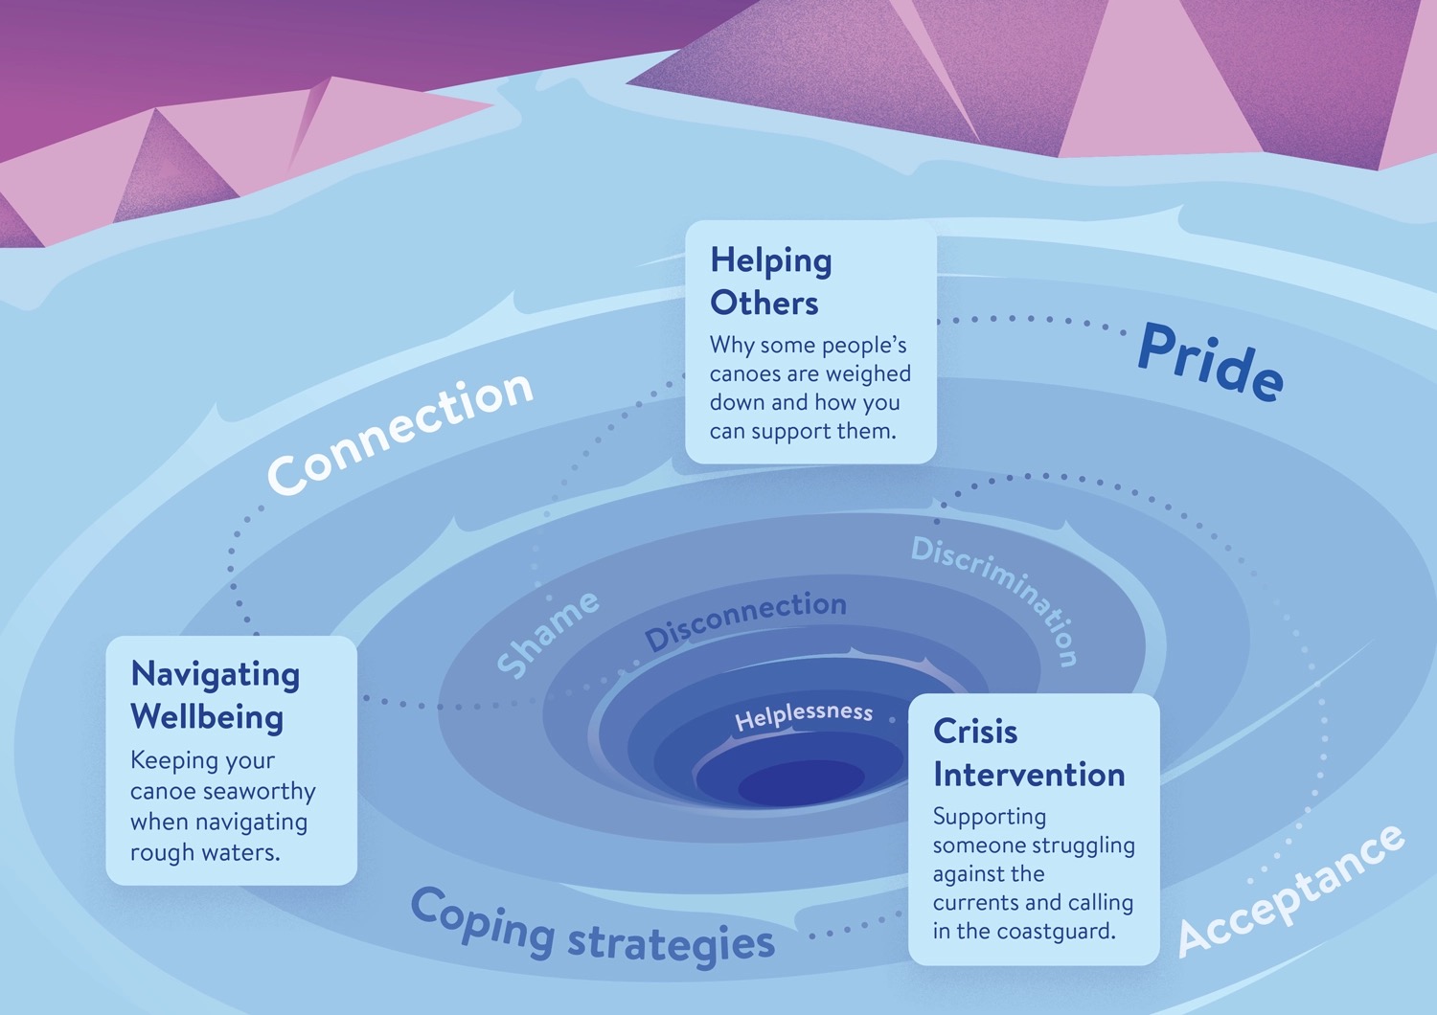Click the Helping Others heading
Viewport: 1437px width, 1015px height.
pos(770,282)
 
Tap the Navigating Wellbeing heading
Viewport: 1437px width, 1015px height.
pos(215,695)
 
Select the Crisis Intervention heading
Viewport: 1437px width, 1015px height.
pos(1028,753)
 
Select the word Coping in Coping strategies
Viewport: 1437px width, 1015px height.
pos(483,920)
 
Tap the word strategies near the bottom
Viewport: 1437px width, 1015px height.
pos(671,942)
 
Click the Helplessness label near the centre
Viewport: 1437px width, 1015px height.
pos(804,714)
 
